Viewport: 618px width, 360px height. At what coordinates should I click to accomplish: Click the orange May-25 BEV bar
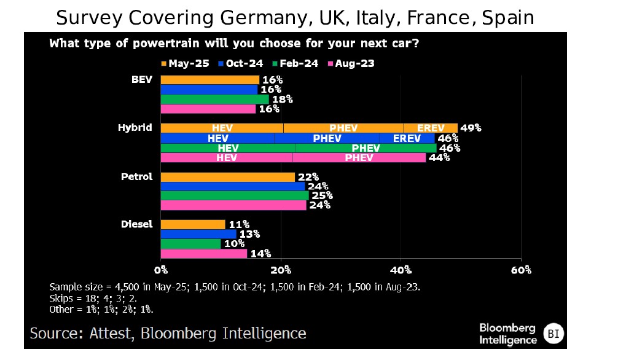click(209, 80)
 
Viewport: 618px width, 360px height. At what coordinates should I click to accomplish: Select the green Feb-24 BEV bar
click(214, 99)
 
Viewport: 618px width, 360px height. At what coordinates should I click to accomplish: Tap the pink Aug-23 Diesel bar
click(203, 253)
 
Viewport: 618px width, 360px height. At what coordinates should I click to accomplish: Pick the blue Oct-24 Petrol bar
click(232, 186)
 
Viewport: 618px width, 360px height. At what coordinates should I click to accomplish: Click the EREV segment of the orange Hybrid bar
click(430, 128)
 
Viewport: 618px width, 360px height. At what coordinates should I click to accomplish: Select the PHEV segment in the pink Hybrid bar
click(359, 157)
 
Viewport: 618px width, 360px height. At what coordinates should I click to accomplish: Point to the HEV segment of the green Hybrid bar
click(228, 148)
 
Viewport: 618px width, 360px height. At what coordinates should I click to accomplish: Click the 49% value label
click(471, 128)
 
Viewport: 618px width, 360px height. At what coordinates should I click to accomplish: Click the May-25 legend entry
click(182, 63)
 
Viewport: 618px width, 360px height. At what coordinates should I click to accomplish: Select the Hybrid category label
click(135, 128)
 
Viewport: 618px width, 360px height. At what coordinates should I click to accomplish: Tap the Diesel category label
click(136, 224)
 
